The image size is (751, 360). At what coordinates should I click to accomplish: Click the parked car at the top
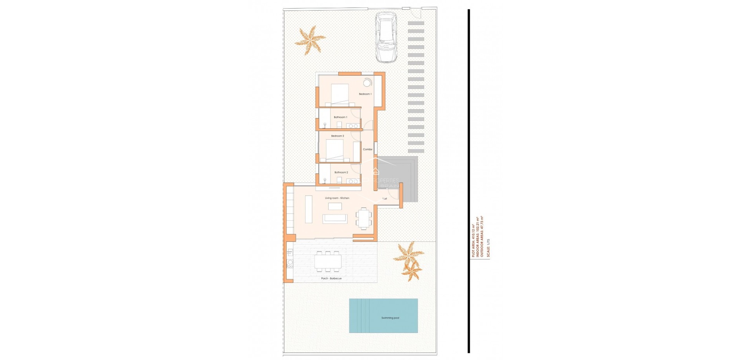tap(386, 37)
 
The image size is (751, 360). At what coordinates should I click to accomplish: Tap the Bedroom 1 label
tap(365, 94)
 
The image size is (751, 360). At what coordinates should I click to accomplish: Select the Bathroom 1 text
tap(340, 117)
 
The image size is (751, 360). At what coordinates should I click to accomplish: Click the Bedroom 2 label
tap(338, 136)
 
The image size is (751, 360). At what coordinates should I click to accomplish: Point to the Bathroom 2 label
tap(341, 172)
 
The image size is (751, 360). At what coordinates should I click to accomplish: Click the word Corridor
tap(368, 149)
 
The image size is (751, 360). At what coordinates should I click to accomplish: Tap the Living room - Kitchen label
tap(337, 198)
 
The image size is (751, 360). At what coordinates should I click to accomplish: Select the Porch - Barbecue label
tap(331, 278)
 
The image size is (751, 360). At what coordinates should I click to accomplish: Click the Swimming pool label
tap(390, 318)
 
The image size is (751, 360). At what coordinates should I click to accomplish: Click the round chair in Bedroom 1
tap(367, 83)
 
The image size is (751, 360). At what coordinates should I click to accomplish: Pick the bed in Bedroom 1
tap(340, 94)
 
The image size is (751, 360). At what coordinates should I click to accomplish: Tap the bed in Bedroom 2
tap(334, 150)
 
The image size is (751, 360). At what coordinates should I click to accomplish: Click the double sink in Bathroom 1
tap(79, 126)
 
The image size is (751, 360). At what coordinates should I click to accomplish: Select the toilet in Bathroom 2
tap(339, 180)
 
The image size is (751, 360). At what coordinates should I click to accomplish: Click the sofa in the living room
tap(335, 218)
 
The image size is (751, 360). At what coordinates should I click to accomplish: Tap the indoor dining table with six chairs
tap(364, 218)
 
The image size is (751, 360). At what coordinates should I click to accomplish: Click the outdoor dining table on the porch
tap(328, 261)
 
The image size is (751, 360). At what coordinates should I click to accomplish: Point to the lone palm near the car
tap(309, 40)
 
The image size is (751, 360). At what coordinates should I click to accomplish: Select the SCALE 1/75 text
tap(488, 247)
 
